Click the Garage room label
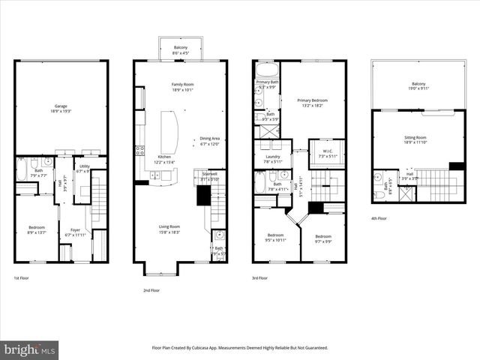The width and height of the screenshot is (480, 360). pyautogui.click(x=60, y=106)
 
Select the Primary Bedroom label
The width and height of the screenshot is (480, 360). pyautogui.click(x=313, y=100)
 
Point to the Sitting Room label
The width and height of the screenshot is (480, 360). pyautogui.click(x=414, y=137)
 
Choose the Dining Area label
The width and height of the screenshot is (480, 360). pyautogui.click(x=209, y=138)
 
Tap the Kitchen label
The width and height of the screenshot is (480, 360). pyautogui.click(x=164, y=157)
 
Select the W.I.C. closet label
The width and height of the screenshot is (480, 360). pyautogui.click(x=326, y=151)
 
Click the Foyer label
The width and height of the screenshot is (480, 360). pyautogui.click(x=75, y=230)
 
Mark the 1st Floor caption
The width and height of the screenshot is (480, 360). pyautogui.click(x=22, y=278)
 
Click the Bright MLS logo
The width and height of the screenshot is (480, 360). pyautogui.click(x=30, y=349)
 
